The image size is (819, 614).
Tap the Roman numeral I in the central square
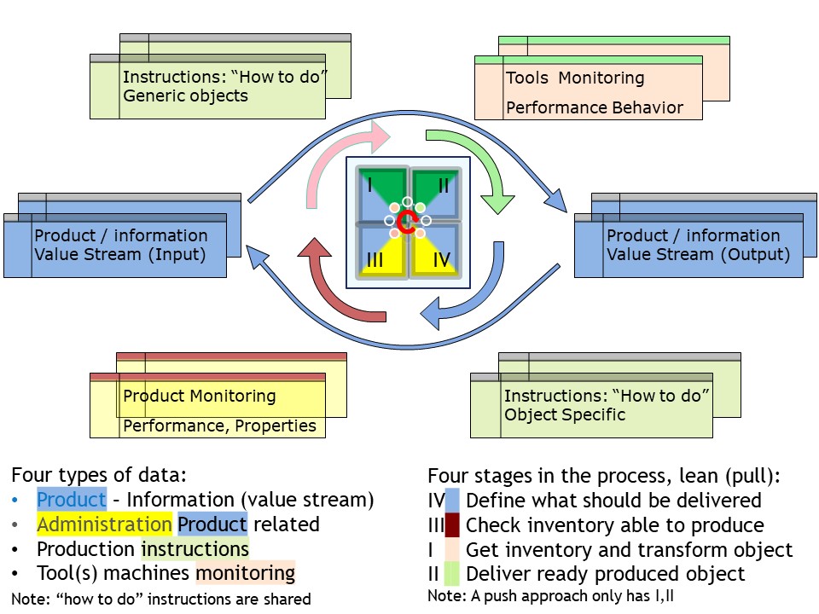click(x=369, y=185)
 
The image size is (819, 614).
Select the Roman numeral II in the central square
click(x=444, y=185)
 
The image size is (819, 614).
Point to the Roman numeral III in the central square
click(x=375, y=260)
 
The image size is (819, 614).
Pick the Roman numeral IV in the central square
click(x=442, y=259)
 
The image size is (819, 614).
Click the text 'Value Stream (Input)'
click(x=120, y=255)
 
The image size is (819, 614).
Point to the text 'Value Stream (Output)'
click(x=699, y=255)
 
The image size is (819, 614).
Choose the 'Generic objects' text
click(x=185, y=96)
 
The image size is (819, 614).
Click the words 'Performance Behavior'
click(x=595, y=108)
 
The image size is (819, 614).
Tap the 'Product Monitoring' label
click(x=199, y=397)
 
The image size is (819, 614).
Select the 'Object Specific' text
click(x=565, y=414)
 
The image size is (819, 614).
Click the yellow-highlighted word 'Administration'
click(x=104, y=524)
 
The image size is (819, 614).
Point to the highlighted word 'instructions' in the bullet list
click(x=195, y=549)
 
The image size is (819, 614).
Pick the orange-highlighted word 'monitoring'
click(x=246, y=573)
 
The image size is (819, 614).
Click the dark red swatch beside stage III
click(x=452, y=524)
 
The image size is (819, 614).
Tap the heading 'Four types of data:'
click(x=99, y=475)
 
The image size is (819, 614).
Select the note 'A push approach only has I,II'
click(x=572, y=596)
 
